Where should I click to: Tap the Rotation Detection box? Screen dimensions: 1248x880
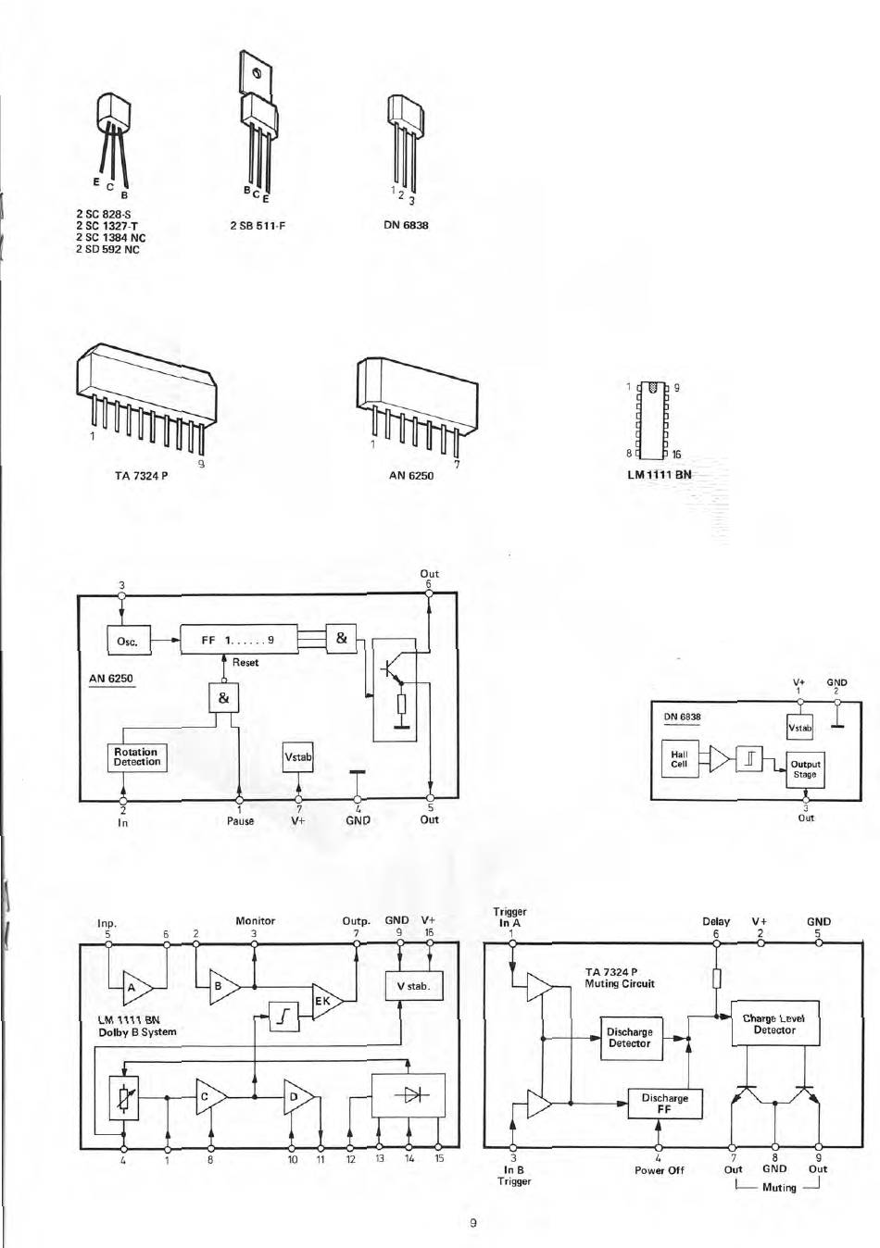[137, 757]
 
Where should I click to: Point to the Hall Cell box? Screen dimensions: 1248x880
[680, 759]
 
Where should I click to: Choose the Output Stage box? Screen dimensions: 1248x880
[805, 768]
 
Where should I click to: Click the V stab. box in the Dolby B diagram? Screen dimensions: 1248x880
[413, 986]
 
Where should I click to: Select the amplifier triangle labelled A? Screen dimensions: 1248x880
[134, 987]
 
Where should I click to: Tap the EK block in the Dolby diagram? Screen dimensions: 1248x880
[325, 1000]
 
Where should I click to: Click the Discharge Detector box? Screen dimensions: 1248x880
[630, 1038]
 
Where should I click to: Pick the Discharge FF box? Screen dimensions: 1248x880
[664, 1103]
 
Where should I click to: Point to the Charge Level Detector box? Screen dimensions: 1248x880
[774, 1024]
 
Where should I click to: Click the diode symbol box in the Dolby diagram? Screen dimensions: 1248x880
[409, 1095]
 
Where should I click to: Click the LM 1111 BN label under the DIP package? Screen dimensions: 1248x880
[660, 475]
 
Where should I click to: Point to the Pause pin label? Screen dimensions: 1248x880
[240, 820]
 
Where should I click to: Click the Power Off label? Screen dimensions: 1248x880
[659, 1170]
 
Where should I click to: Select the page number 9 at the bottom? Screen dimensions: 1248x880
[473, 1223]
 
